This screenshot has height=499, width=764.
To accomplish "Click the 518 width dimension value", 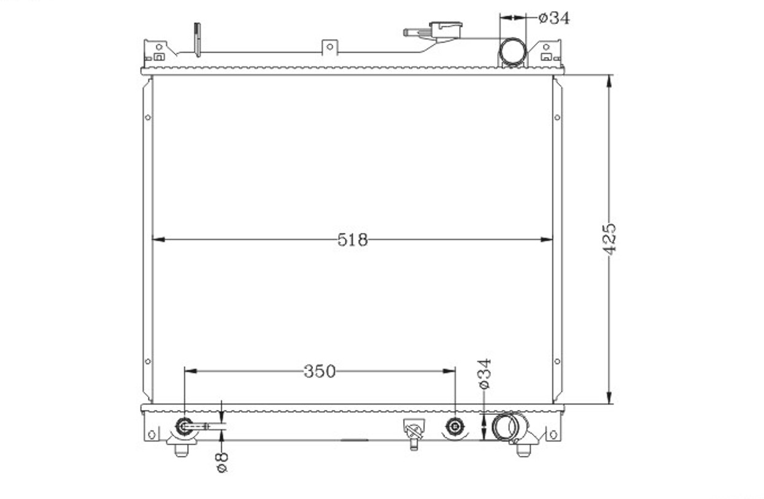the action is (353, 240).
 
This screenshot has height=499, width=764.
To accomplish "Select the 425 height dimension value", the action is (609, 239).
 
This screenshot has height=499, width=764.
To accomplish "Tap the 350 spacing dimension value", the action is (320, 371).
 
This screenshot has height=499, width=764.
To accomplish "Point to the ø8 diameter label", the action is (222, 463).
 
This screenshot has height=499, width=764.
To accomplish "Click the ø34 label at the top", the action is (554, 18).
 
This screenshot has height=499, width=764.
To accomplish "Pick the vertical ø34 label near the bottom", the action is (485, 374).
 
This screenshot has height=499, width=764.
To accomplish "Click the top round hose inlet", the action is (512, 52).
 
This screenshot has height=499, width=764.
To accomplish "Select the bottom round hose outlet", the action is (506, 427).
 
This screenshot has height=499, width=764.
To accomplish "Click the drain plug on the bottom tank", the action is (414, 433).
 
